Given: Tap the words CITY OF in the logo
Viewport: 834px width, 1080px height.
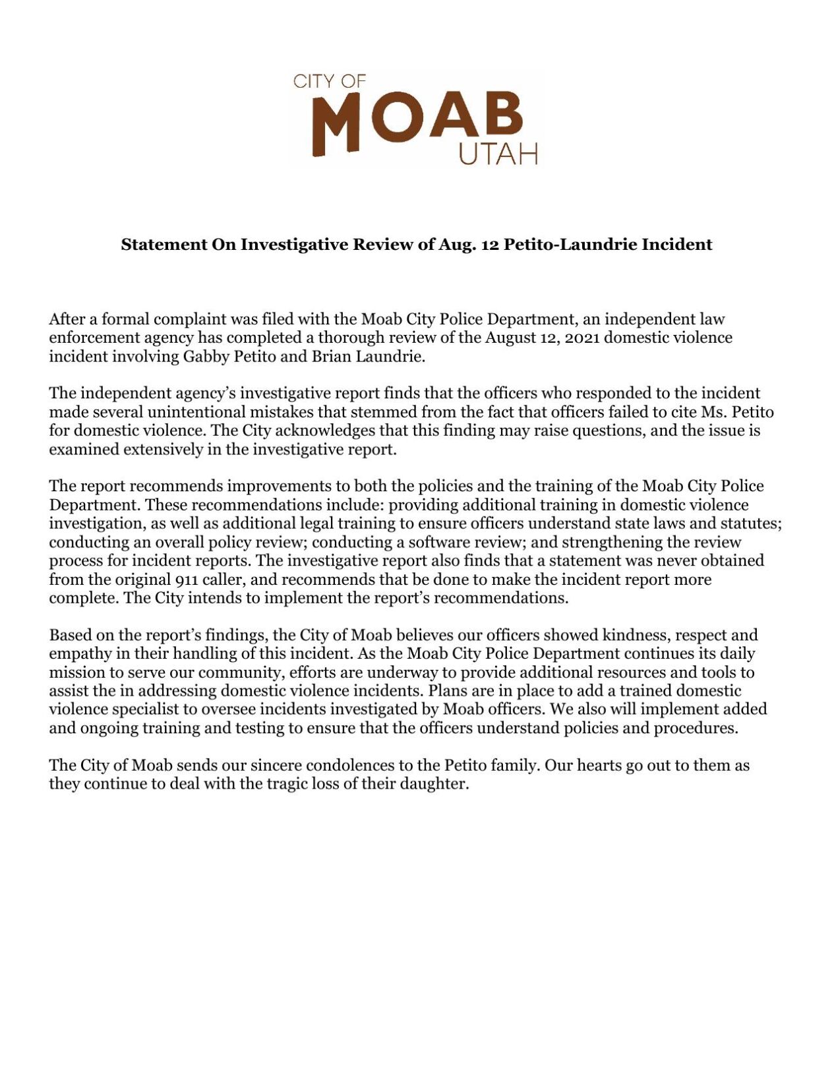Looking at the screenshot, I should pyautogui.click(x=329, y=82).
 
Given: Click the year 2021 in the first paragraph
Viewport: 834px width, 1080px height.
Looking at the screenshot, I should pyautogui.click(x=580, y=338).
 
